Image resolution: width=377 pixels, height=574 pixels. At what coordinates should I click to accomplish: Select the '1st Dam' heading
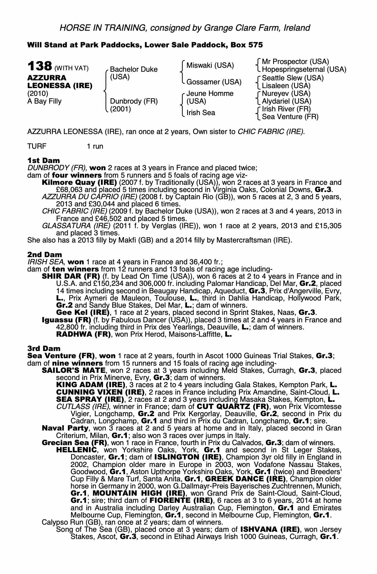(44, 160)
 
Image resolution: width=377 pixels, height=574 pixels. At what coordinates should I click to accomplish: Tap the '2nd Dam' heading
(44, 254)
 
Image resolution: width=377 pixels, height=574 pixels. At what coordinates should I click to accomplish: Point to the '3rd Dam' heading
(44, 348)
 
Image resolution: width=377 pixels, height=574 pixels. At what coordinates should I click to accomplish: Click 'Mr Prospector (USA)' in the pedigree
(296, 62)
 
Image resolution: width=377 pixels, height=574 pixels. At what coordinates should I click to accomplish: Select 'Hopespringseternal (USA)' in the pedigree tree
(304, 69)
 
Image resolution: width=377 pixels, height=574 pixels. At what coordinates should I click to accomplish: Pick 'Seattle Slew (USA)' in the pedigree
(293, 78)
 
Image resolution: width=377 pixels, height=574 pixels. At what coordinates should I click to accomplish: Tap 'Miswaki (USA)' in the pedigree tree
(210, 65)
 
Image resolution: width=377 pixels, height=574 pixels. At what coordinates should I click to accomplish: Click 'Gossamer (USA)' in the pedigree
(214, 82)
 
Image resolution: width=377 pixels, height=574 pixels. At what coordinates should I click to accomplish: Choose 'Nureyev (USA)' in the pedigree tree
(286, 94)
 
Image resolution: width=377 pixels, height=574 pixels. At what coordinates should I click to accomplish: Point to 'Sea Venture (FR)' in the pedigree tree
(290, 117)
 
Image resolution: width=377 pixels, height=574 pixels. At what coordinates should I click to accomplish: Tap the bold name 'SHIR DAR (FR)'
(71, 276)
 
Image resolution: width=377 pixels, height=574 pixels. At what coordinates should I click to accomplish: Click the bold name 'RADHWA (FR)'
(83, 334)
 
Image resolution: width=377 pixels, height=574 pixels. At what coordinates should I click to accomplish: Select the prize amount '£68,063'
(68, 190)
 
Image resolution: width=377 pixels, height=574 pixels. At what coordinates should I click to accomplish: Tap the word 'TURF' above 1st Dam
(37, 146)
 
